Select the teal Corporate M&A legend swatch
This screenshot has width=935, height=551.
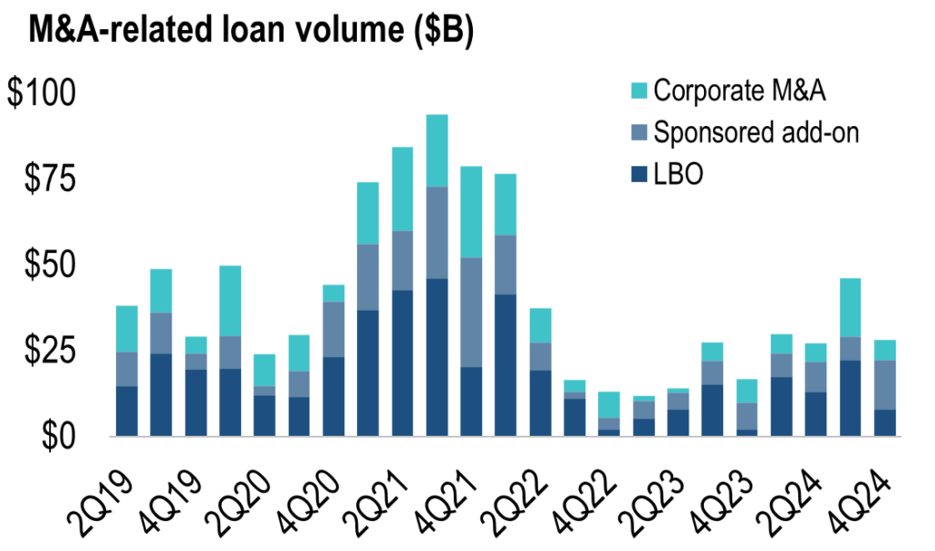pos(638,90)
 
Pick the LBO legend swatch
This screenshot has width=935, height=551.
pos(638,175)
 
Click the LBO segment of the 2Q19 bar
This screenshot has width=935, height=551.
pos(127,411)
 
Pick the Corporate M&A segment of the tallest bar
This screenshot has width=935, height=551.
pos(437,151)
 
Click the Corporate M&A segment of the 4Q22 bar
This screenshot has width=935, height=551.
pos(610,405)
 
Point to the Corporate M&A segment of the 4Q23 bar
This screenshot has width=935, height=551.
pos(748,391)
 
